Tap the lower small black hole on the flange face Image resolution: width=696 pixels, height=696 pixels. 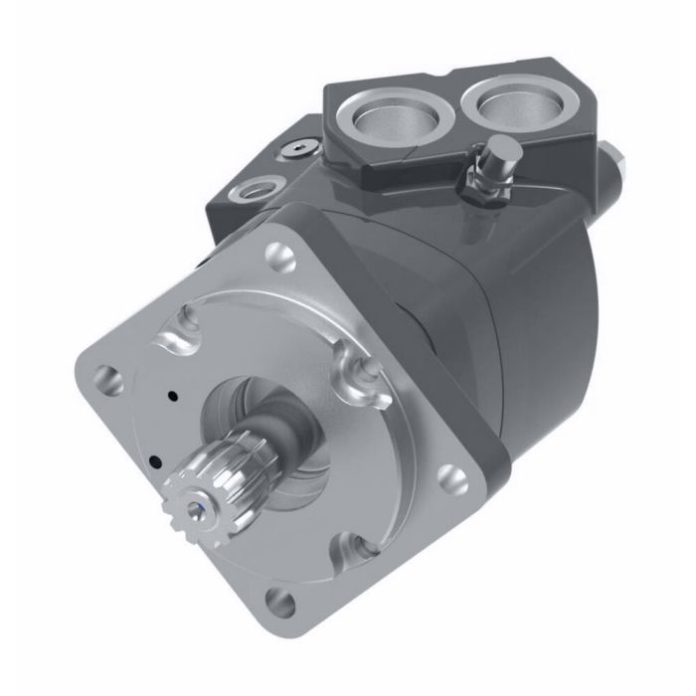point(155,460)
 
